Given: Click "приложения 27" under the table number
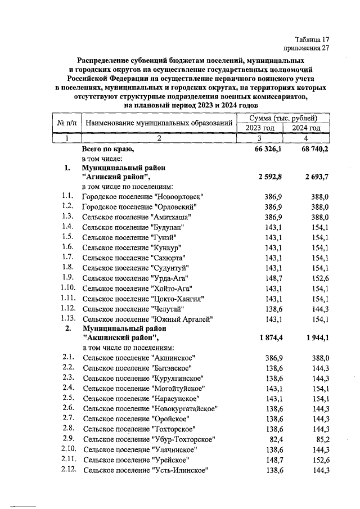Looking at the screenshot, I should coord(307,48).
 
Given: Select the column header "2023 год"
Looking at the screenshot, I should coord(259,128).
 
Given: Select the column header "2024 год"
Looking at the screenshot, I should coord(306,128).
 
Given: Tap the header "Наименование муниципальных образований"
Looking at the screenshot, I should coord(160,123).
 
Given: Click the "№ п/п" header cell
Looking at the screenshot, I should coord(67,123).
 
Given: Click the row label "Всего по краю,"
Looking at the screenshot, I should coord(108,150).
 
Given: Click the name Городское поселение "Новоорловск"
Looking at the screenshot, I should coord(142,197).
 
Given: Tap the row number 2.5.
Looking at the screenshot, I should coord(69,398).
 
